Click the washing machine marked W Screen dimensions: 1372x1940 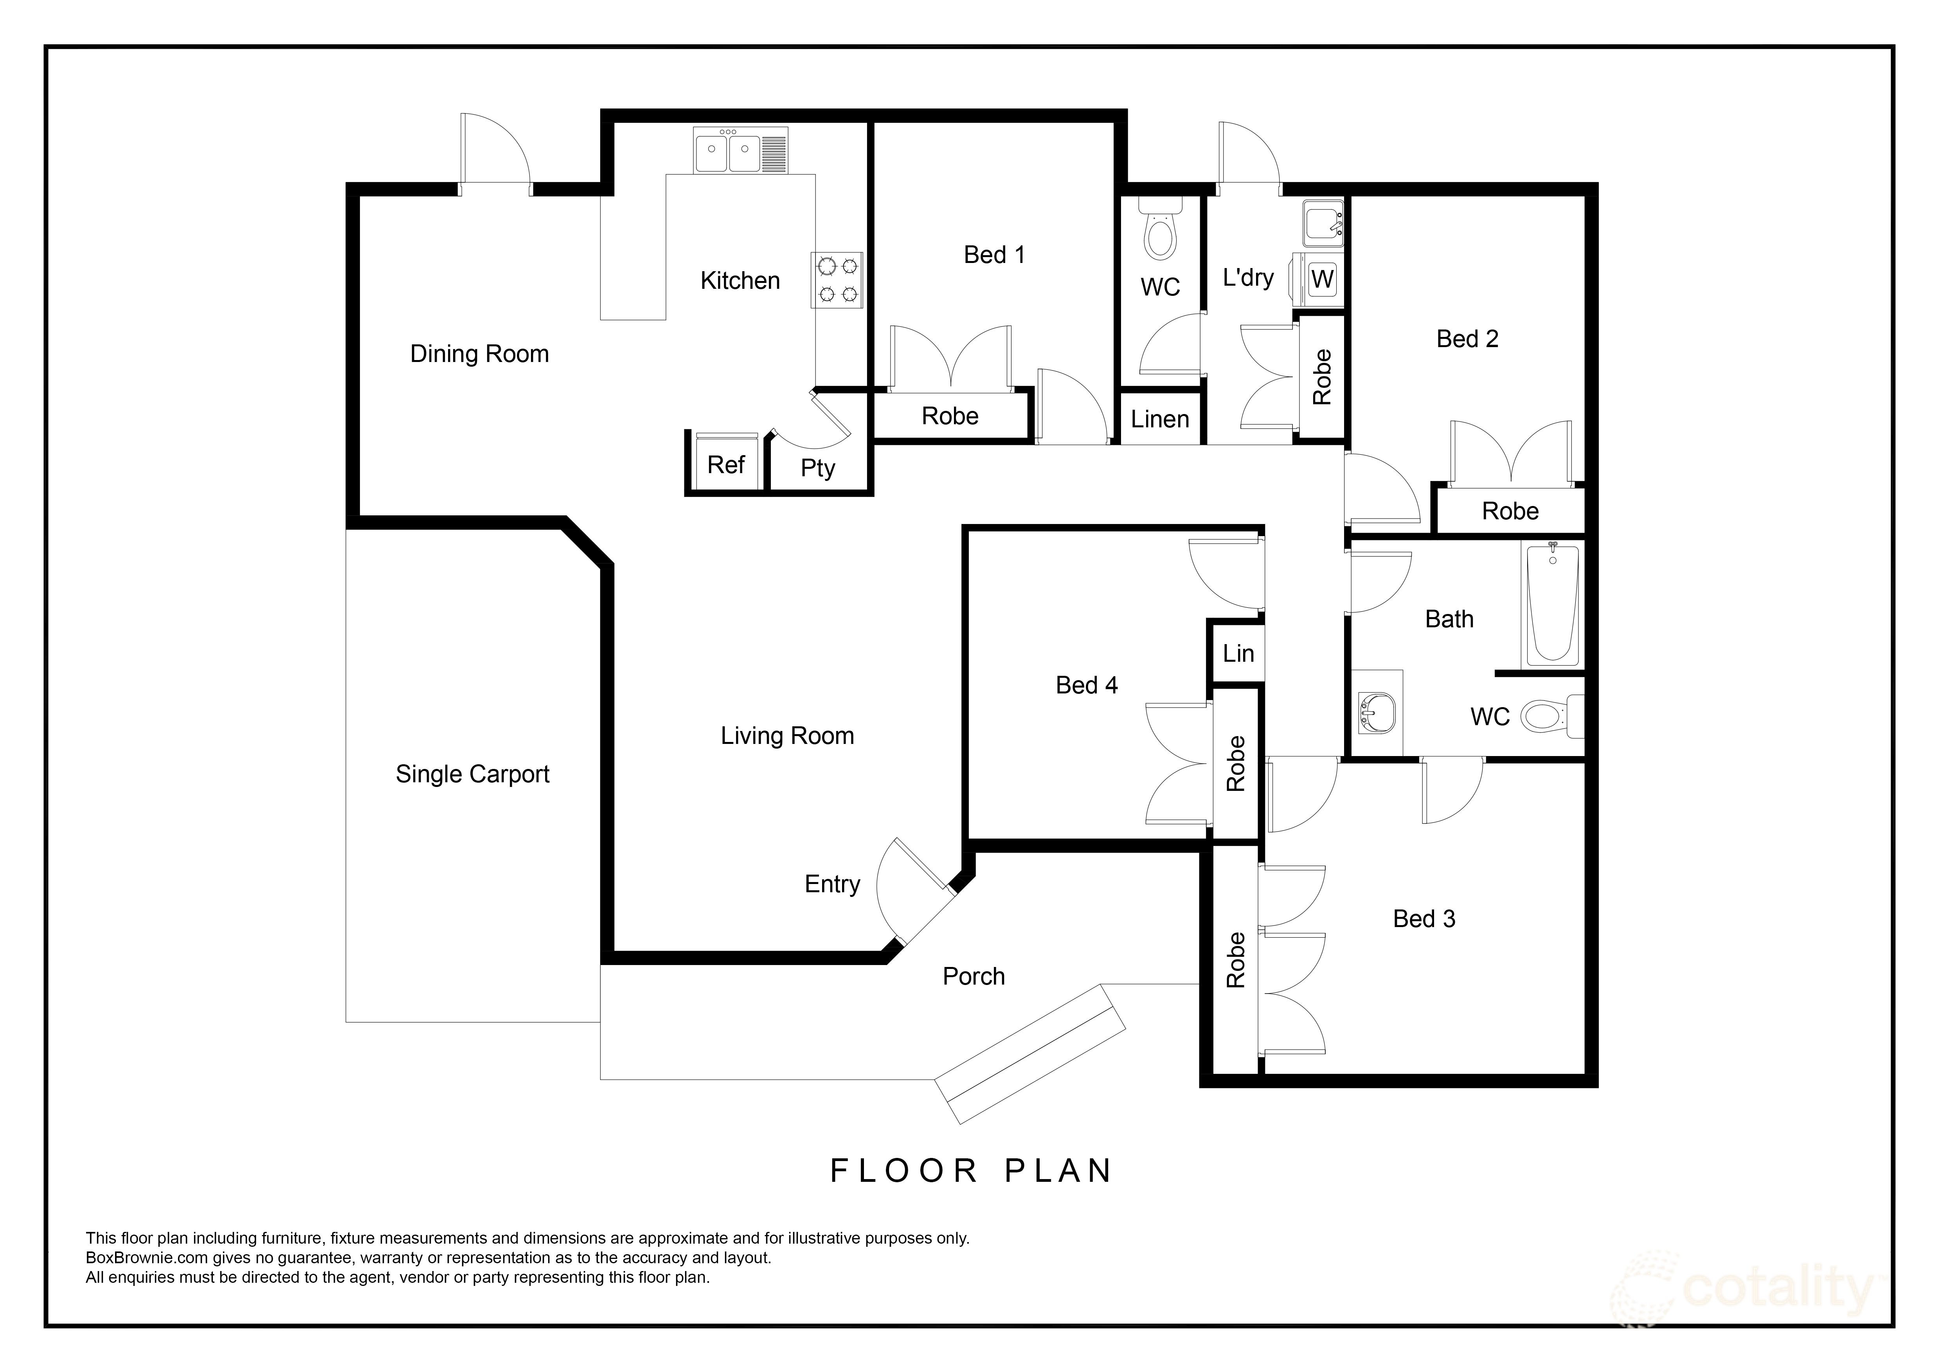point(1321,279)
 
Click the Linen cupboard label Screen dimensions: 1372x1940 point(1160,419)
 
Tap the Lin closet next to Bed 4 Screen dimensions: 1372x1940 point(1238,653)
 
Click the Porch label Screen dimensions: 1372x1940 point(974,977)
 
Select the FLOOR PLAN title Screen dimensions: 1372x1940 point(972,1171)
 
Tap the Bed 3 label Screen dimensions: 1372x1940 point(1424,919)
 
